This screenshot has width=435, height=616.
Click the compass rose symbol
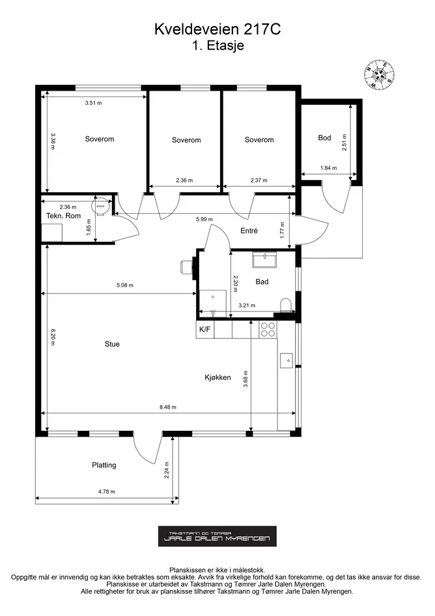click(x=378, y=75)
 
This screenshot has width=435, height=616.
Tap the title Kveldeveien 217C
click(x=218, y=29)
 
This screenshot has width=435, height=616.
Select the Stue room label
click(x=112, y=344)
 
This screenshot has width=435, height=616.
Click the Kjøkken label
click(x=218, y=377)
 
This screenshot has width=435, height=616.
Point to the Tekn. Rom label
click(x=63, y=216)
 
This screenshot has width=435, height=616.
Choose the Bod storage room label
click(x=324, y=138)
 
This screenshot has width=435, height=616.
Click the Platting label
click(x=104, y=465)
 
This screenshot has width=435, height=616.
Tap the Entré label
click(x=249, y=231)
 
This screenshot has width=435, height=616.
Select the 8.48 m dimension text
click(x=167, y=407)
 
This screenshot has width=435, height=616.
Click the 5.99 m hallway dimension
click(x=204, y=219)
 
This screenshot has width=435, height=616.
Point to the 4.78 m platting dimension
click(x=106, y=491)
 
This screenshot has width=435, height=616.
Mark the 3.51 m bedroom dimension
click(x=93, y=103)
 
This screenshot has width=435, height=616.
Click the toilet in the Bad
click(x=287, y=306)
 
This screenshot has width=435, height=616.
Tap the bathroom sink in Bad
click(x=264, y=259)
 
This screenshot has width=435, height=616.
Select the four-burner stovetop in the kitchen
click(x=268, y=329)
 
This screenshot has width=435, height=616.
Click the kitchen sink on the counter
click(x=287, y=360)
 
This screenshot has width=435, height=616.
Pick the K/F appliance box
click(x=205, y=329)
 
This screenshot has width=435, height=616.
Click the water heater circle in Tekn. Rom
click(x=100, y=205)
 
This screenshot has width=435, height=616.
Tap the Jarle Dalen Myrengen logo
click(x=217, y=536)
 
